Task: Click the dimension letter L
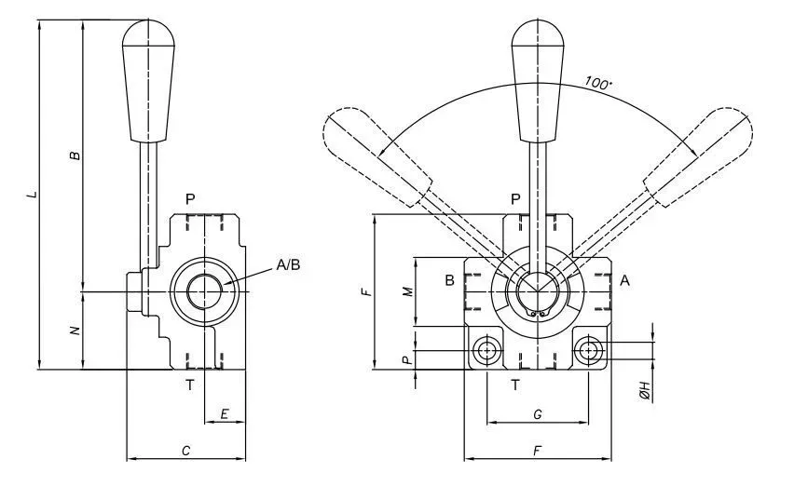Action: click(x=33, y=194)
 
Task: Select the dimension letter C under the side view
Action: click(x=185, y=451)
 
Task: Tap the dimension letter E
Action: click(x=225, y=414)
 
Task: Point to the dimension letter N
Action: click(x=75, y=331)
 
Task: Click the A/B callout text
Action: click(x=288, y=264)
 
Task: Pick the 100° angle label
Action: click(x=598, y=83)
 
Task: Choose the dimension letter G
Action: click(x=538, y=414)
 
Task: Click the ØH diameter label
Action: click(x=645, y=390)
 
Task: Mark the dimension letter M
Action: click(x=408, y=291)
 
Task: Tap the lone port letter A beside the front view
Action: click(x=625, y=280)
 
